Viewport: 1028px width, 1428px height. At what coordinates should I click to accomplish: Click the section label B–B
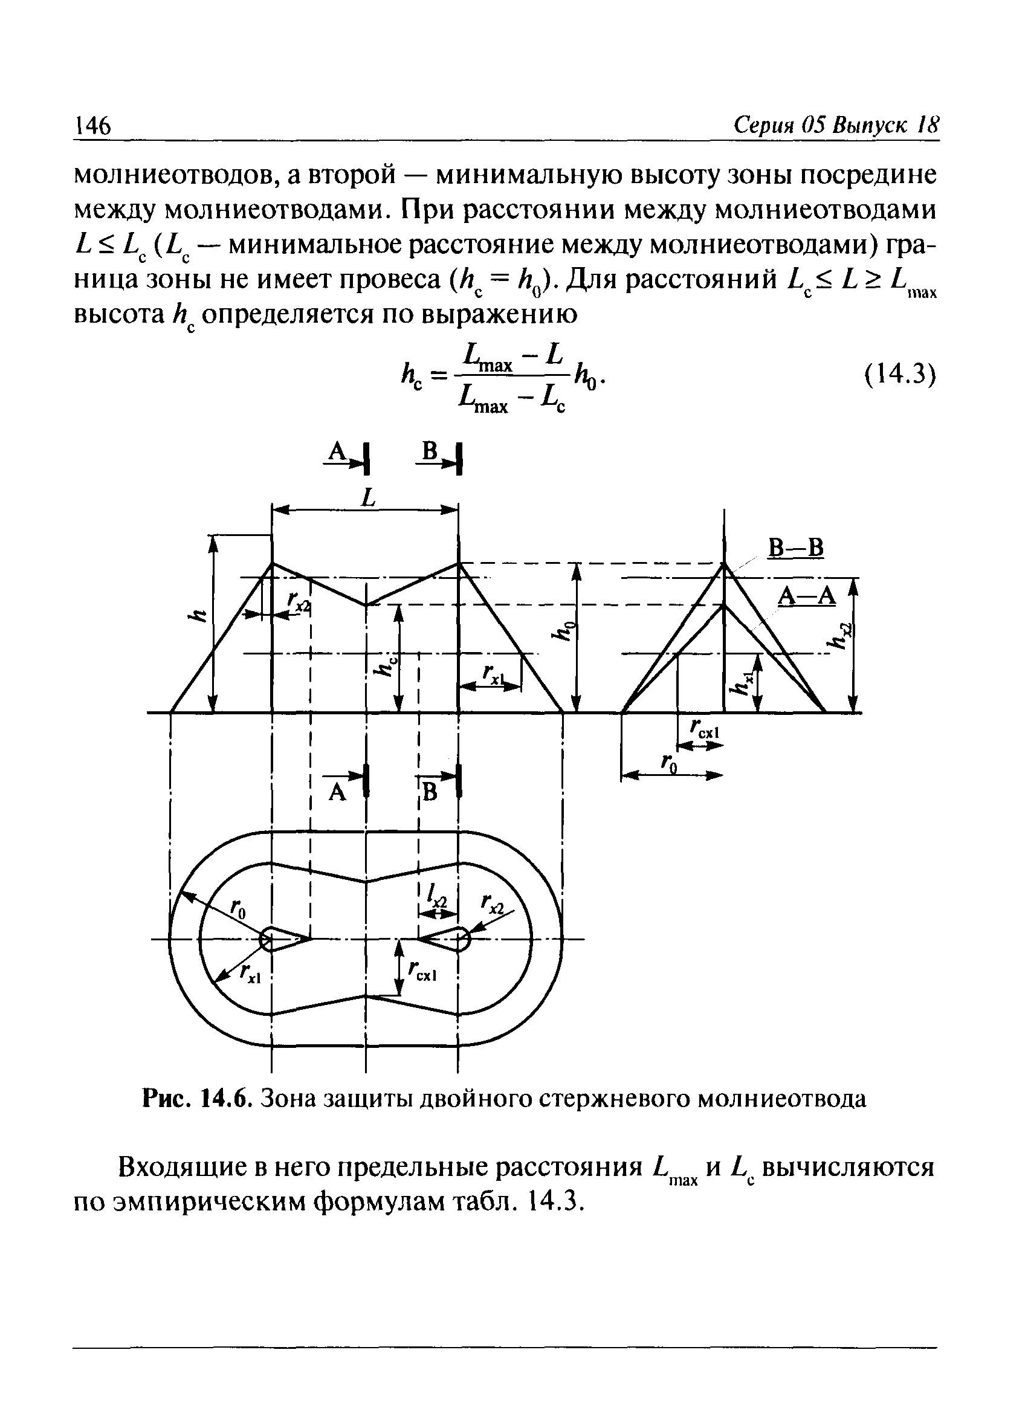(x=795, y=548)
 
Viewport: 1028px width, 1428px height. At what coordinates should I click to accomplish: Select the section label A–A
(x=806, y=595)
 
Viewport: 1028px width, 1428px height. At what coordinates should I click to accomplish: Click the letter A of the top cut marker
(x=338, y=451)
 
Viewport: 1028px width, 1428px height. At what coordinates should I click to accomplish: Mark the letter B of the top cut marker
(x=430, y=450)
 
